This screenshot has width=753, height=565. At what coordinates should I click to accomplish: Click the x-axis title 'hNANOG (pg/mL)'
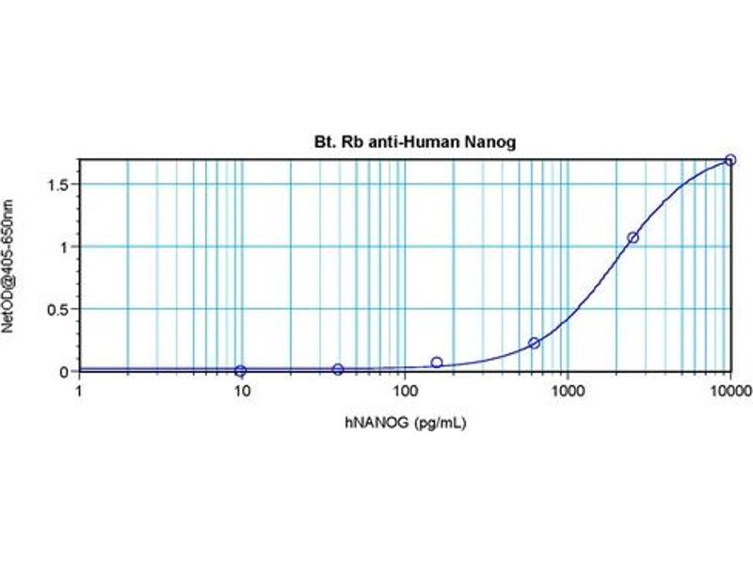click(x=405, y=423)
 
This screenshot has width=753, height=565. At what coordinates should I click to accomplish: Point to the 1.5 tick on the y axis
click(x=62, y=185)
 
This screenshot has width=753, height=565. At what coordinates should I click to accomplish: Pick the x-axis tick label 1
click(x=79, y=389)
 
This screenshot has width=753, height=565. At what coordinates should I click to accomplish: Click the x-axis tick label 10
click(x=241, y=389)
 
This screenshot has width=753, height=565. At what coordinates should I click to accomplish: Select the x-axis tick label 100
click(x=404, y=389)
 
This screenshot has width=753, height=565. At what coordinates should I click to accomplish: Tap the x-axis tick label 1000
click(x=567, y=389)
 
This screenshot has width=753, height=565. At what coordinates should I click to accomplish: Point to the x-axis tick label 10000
click(x=729, y=389)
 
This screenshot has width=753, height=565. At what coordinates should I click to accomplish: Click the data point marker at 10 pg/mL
click(x=241, y=371)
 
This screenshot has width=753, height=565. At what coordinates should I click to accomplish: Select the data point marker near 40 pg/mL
click(x=338, y=369)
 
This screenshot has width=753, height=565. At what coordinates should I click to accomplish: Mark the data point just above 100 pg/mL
click(x=437, y=363)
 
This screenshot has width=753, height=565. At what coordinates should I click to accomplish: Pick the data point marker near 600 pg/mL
click(x=534, y=343)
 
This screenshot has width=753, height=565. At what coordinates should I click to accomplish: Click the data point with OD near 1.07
click(x=633, y=237)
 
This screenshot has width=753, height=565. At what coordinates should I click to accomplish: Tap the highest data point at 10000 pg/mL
click(x=730, y=160)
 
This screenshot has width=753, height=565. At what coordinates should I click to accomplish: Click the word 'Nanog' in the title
click(x=492, y=142)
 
